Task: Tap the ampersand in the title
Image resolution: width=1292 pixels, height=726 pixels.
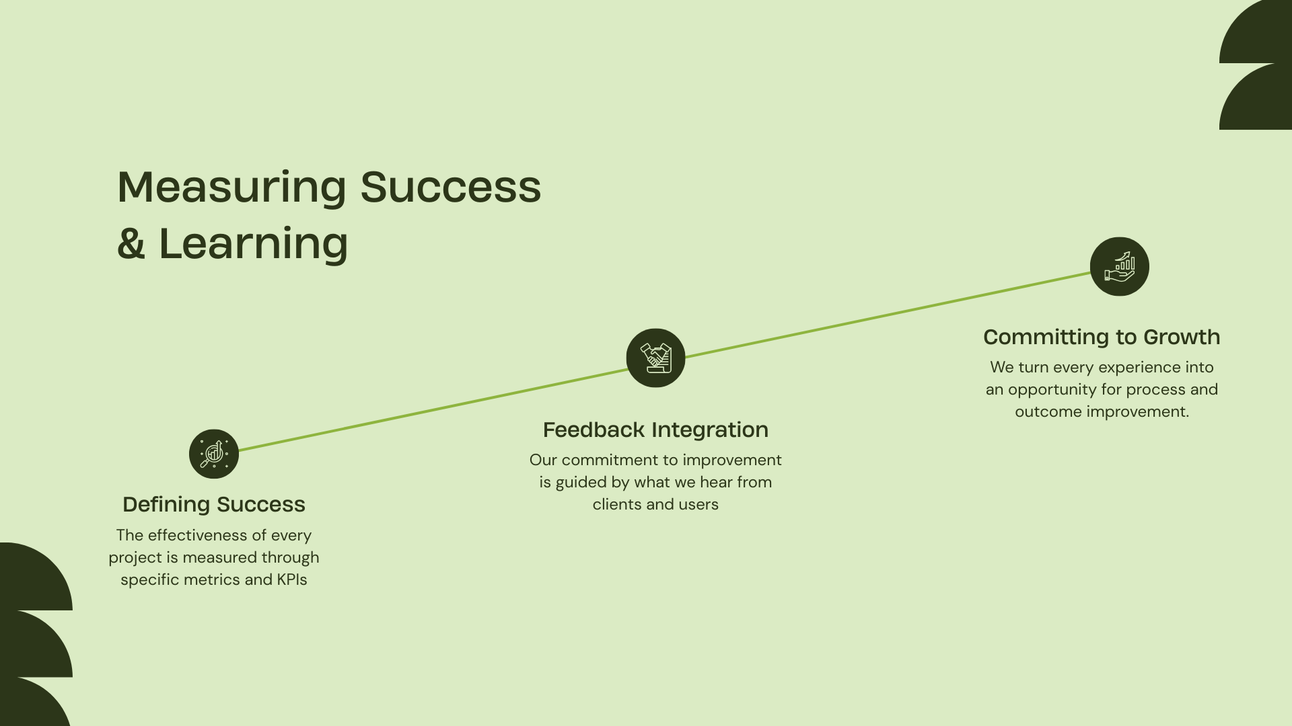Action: pos(131,244)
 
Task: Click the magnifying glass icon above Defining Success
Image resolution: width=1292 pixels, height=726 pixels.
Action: pos(214,454)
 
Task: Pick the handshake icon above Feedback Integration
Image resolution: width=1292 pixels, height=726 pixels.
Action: pos(655,358)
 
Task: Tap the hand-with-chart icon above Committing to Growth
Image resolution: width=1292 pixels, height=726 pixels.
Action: pos(1120,266)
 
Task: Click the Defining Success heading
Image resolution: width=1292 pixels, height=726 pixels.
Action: pos(214,505)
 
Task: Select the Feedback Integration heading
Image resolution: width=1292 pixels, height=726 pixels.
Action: pos(655,430)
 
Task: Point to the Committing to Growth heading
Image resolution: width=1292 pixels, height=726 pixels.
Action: pos(1102,337)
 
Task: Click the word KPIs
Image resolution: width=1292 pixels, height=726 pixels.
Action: pos(292,579)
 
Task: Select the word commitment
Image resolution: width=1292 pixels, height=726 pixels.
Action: pos(610,460)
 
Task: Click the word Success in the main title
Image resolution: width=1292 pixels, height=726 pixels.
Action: pos(451,188)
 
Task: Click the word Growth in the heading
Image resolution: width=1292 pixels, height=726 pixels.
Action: pos(1182,337)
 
